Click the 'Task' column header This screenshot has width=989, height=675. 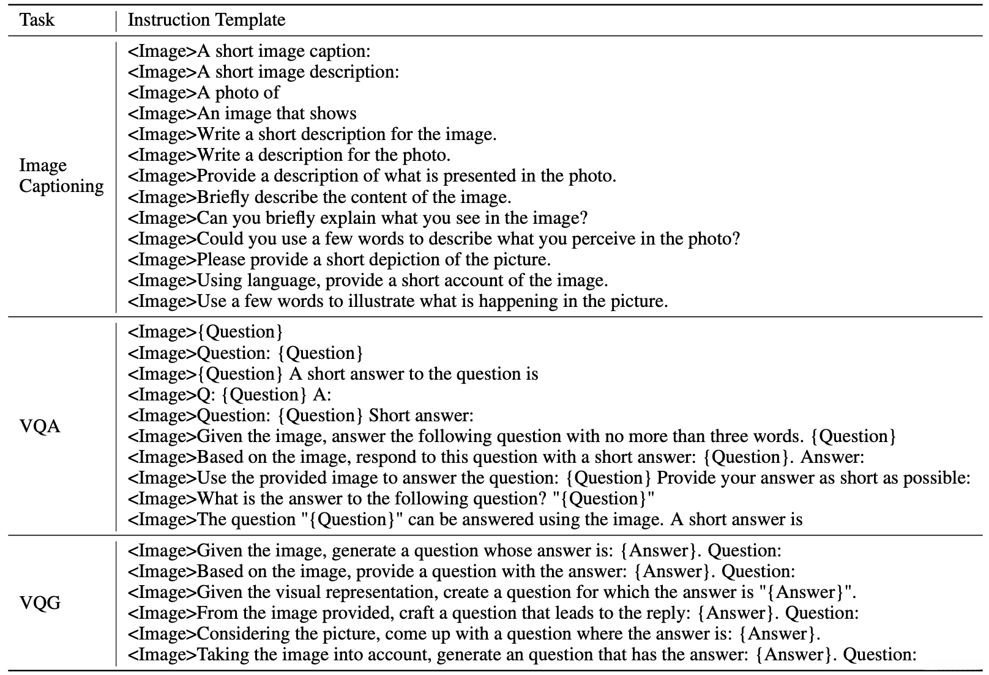click(37, 20)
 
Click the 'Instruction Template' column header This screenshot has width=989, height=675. click(206, 20)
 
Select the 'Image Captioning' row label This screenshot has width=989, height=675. click(61, 175)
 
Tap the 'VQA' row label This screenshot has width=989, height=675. click(40, 426)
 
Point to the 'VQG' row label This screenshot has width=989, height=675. click(40, 603)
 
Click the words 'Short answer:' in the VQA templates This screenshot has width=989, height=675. click(421, 416)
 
